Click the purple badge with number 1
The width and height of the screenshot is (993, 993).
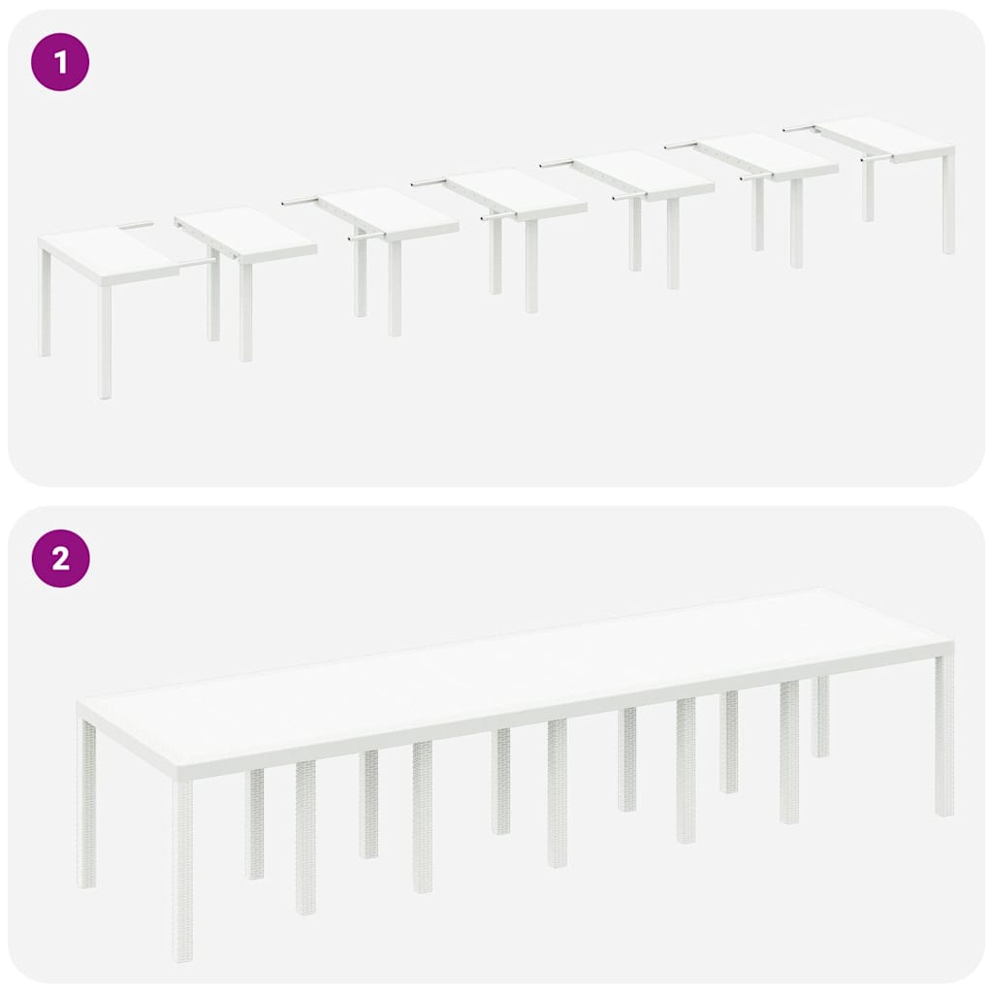point(60,63)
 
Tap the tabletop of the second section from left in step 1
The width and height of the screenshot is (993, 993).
point(247,231)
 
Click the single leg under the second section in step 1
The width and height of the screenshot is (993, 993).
point(245,310)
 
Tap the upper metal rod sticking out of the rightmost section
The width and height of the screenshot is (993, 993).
point(797,128)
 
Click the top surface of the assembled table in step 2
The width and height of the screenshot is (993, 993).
point(514,679)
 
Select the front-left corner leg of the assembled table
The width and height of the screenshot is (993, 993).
point(182,868)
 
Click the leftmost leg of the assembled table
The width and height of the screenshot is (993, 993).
point(87,805)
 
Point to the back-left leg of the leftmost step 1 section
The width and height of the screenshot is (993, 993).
point(45,301)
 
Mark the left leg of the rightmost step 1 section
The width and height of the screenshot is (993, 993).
point(868,189)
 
